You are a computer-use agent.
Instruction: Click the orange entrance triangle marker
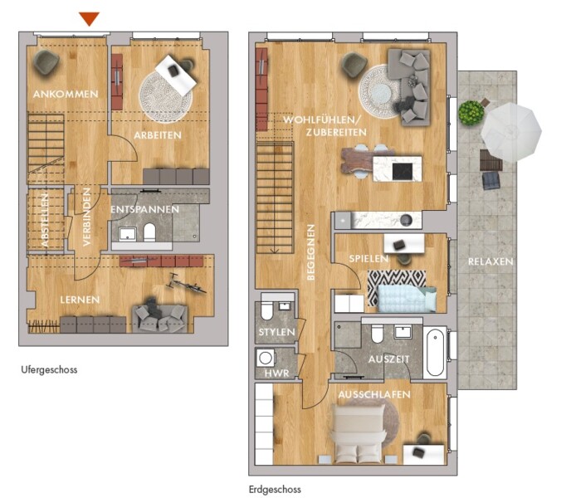coord(90,18)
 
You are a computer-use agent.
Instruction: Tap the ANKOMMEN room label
coord(66,95)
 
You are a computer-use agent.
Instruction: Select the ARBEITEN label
coord(158,135)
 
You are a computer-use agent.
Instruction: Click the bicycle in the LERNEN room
coord(186,283)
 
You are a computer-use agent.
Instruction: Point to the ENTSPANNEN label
coord(145,209)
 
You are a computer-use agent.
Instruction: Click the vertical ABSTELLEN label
coord(45,220)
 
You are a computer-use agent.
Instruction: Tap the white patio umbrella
coord(511,132)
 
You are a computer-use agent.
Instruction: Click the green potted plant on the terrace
coord(471,113)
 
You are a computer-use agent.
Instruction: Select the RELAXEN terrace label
coord(490,261)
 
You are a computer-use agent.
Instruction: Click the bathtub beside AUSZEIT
coord(436,352)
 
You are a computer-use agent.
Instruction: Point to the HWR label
coord(277,373)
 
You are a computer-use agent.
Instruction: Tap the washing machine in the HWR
coord(265,358)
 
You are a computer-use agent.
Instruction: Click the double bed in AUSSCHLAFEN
coord(360,432)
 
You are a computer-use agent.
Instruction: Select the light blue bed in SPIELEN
coord(408,299)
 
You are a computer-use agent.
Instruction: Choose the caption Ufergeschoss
coord(49,370)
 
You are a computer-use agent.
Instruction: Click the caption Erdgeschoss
coord(275,489)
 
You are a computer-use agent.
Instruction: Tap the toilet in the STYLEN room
coord(266,310)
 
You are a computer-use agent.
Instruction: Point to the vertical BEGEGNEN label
coord(310,252)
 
